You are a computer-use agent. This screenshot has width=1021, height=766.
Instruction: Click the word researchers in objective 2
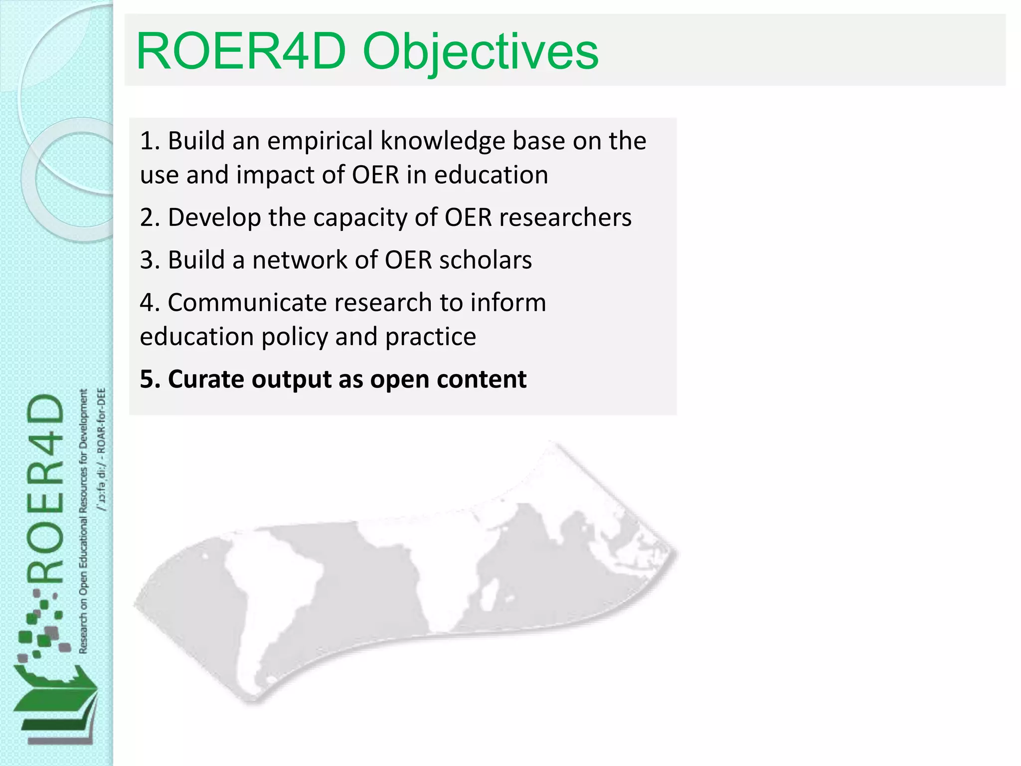point(565,218)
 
